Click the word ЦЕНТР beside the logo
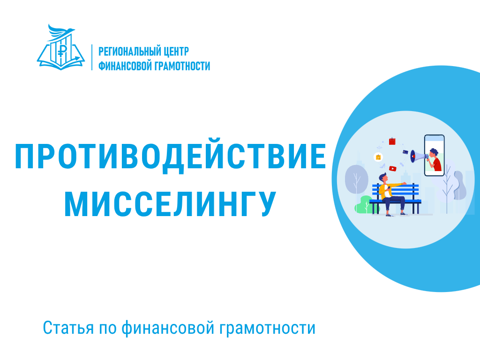click(x=177, y=51)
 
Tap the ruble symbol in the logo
click(x=60, y=50)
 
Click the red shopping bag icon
click(x=392, y=141)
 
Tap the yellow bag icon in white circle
click(x=378, y=157)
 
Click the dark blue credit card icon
click(x=405, y=152)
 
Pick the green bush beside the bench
click(x=363, y=205)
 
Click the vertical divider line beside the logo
click(x=92, y=58)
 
